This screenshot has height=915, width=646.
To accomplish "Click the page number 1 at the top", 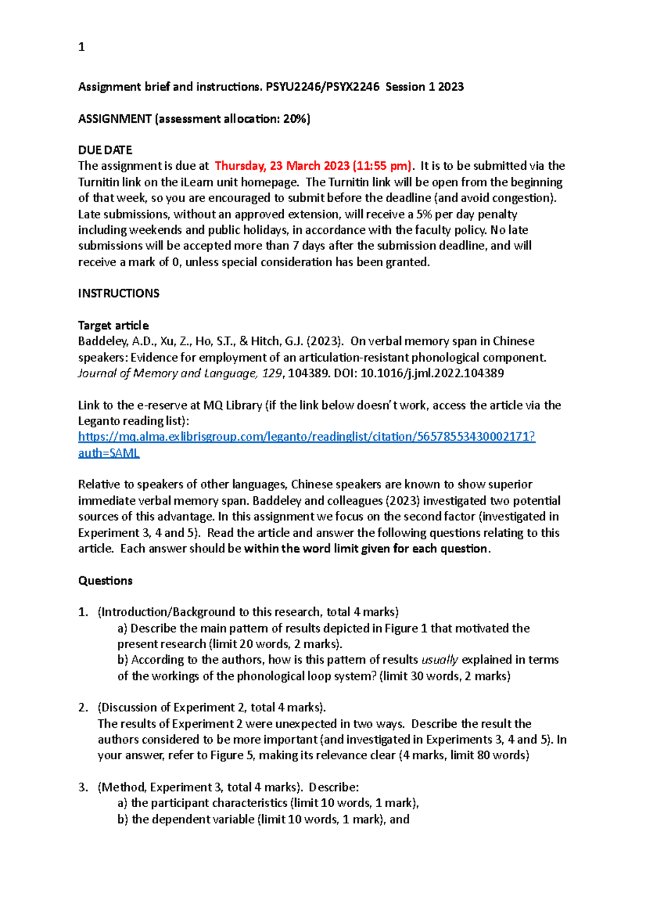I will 81,47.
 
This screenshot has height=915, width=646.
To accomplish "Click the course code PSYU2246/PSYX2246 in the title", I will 322,87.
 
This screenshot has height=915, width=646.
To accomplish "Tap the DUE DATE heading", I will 105,150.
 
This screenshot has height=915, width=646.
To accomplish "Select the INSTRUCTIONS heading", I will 118,293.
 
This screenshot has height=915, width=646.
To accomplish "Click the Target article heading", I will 113,325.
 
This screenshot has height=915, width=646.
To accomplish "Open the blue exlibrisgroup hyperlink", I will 306,436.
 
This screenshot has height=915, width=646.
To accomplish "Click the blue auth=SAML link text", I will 109,453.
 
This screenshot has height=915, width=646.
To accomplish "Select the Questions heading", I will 106,580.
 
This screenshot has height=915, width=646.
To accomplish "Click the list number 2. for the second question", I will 83,708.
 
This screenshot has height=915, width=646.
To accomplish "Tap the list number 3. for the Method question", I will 83,787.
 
